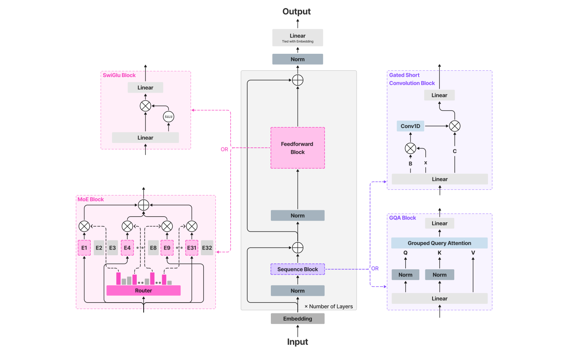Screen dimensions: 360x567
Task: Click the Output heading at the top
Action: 297,12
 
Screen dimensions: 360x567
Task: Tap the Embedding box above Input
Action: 297,319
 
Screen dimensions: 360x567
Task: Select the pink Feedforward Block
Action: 297,148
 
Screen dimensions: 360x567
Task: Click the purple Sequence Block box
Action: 297,269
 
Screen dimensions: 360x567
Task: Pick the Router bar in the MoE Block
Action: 143,291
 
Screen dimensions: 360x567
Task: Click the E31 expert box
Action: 192,248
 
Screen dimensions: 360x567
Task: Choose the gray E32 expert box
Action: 207,248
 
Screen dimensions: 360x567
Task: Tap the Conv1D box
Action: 410,126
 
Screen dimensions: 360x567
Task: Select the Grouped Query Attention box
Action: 439,243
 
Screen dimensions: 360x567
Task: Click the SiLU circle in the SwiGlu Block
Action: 169,117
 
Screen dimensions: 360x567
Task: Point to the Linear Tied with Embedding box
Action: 297,38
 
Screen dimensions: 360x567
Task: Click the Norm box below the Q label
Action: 405,275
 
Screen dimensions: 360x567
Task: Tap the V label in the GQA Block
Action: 473,253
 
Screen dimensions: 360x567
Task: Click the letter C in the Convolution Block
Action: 455,151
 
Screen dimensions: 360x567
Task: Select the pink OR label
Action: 224,149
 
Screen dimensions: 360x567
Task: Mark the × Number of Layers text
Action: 329,307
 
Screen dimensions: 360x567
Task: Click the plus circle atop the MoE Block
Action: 143,205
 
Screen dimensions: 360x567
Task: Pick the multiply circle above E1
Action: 84,226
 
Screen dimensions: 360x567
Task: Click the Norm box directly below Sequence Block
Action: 297,291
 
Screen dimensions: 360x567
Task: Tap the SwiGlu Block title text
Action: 119,75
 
